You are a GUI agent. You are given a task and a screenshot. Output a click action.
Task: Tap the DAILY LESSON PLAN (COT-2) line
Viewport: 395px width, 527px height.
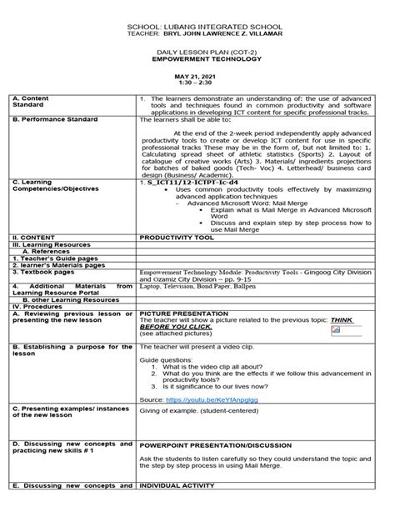(197, 51)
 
